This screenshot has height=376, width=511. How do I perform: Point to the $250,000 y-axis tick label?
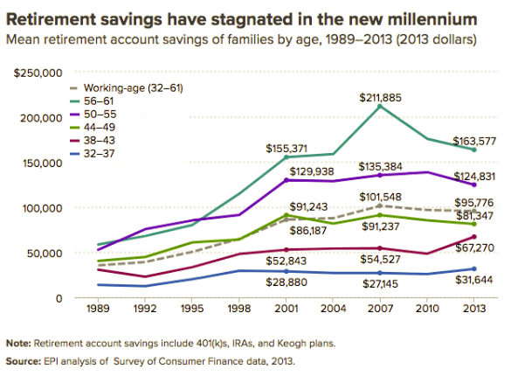point(37,72)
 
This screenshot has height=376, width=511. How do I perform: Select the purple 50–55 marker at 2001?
point(286,180)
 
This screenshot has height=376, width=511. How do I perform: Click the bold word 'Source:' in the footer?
point(24,359)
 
